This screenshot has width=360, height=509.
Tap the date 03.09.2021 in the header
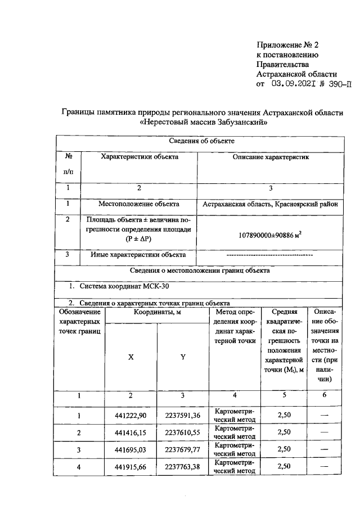pyautogui.click(x=291, y=85)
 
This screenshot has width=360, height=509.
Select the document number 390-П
pyautogui.click(x=335, y=85)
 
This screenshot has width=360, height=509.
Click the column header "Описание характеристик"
pyautogui.click(x=271, y=157)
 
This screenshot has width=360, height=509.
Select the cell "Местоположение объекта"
pyautogui.click(x=139, y=204)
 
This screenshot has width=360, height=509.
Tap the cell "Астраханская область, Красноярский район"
pyautogui.click(x=271, y=204)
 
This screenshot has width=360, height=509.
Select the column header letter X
pyautogui.click(x=131, y=357)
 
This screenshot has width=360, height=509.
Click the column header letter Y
pyautogui.click(x=183, y=357)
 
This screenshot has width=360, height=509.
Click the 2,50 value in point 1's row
pyautogui.click(x=284, y=416)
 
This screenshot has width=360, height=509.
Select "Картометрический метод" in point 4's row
pyautogui.click(x=235, y=466)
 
